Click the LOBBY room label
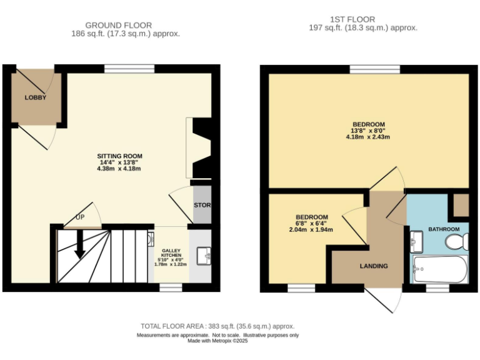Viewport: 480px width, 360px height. click(36, 97)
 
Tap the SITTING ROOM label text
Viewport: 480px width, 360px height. click(119, 156)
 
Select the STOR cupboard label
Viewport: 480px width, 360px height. click(202, 204)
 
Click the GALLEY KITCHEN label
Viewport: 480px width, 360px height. click(171, 252)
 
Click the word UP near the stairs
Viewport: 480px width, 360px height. click(80, 217)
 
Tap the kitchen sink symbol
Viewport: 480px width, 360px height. click(201, 256)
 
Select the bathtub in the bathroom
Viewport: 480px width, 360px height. click(440, 269)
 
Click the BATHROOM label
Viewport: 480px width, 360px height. click(444, 229)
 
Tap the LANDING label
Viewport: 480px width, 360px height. click(373, 266)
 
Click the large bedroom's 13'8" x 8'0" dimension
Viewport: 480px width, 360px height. click(368, 131)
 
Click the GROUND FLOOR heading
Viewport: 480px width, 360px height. click(119, 25)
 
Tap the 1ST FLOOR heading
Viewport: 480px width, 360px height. click(363, 19)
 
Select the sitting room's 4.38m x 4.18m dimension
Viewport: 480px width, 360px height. click(119, 169)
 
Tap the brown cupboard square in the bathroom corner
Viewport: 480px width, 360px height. click(461, 205)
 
